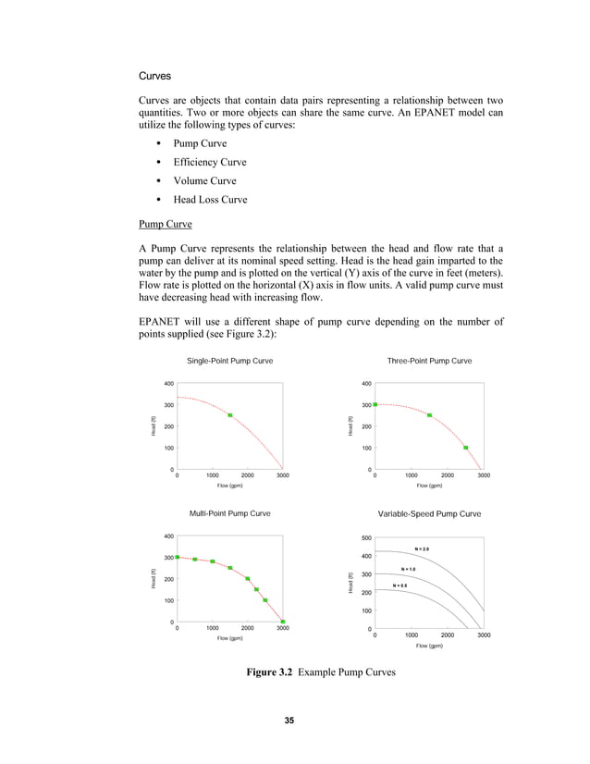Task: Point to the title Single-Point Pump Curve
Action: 229,360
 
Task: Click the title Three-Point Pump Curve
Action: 430,360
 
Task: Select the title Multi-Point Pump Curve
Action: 229,512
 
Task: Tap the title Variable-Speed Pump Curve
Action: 430,513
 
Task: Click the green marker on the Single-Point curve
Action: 230,415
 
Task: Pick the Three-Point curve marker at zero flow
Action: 375,404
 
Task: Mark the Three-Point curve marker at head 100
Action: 465,448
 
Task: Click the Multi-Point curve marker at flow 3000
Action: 283,622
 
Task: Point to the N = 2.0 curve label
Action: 422,549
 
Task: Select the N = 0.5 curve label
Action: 400,585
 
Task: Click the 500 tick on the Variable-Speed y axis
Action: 366,537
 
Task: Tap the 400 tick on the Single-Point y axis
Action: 169,383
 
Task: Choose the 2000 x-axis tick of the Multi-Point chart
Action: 248,629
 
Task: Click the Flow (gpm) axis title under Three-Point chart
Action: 429,485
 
